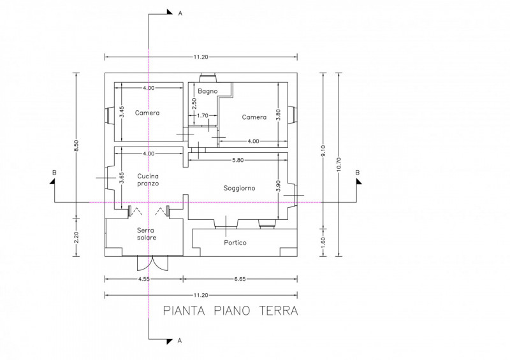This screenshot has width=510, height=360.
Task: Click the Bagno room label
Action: pyautogui.click(x=208, y=91)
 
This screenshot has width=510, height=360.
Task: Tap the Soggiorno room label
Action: pyautogui.click(x=240, y=188)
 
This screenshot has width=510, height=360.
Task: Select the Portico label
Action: pyautogui.click(x=235, y=243)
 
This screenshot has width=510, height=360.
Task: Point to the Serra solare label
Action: pyautogui.click(x=147, y=234)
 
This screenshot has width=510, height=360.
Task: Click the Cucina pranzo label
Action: pyautogui.click(x=148, y=180)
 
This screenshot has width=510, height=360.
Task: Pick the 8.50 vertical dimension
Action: pyautogui.click(x=76, y=145)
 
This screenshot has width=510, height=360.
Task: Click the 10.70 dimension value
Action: pyautogui.click(x=339, y=164)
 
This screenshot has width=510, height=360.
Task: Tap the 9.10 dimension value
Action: pyautogui.click(x=323, y=151)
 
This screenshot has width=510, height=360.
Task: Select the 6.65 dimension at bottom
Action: pyautogui.click(x=240, y=278)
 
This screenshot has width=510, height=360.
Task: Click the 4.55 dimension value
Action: pyautogui.click(x=144, y=278)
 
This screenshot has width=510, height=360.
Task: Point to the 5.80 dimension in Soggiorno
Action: pyautogui.click(x=238, y=160)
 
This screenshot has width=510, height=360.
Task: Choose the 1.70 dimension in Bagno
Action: pyautogui.click(x=203, y=115)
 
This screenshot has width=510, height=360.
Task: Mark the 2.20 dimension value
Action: pyautogui.click(x=76, y=237)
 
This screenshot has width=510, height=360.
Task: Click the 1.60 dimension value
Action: pyautogui.click(x=323, y=242)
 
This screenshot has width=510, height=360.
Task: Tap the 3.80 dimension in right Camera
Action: pyautogui.click(x=278, y=115)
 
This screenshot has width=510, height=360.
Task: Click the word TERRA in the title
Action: pyautogui.click(x=279, y=310)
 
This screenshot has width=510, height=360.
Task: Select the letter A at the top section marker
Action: pyautogui.click(x=180, y=13)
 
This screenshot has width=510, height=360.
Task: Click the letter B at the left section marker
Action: pyautogui.click(x=54, y=173)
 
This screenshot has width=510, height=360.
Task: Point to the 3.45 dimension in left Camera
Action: pyautogui.click(x=121, y=112)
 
